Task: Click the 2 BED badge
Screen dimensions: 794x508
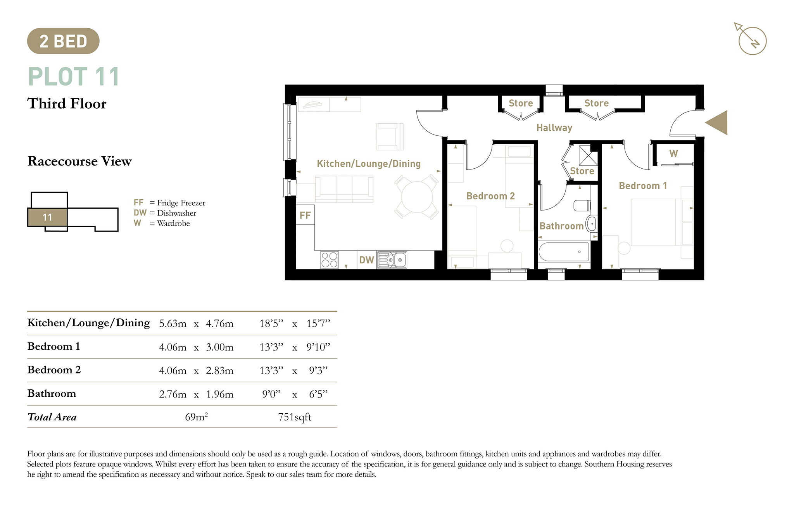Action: [x=63, y=41]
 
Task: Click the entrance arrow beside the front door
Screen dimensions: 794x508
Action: [x=716, y=123]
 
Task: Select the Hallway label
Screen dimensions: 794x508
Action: [x=554, y=128]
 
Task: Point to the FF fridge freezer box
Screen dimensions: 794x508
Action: [x=305, y=215]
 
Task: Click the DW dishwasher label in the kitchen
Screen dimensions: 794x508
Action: [x=366, y=260]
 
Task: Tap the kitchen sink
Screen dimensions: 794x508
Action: [x=392, y=260]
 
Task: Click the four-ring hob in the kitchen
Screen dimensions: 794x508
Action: [x=330, y=260]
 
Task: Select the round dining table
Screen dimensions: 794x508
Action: [x=417, y=197]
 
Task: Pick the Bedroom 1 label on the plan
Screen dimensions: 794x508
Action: [x=643, y=186]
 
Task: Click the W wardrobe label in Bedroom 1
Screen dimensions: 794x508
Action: [x=673, y=154]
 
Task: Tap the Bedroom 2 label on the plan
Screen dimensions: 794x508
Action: [x=490, y=196]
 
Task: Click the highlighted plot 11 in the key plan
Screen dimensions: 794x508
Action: [x=47, y=217]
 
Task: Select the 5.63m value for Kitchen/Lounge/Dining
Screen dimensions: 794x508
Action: [x=173, y=323]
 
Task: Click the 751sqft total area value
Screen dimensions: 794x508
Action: [x=295, y=417]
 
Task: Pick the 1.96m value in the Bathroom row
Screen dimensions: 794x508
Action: [x=219, y=394]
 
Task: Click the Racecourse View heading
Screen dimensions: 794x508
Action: [x=79, y=161]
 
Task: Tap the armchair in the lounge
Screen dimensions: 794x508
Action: [x=390, y=137]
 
